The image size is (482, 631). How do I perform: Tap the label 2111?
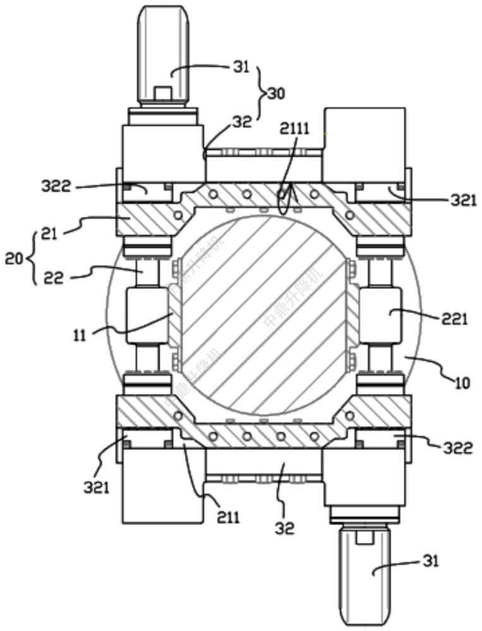tap(295, 129)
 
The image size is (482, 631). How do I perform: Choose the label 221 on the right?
tap(455, 319)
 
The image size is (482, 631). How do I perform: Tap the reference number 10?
tap(463, 382)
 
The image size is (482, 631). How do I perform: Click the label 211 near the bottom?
tap(228, 517)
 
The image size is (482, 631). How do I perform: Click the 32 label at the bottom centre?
tap(286, 528)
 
